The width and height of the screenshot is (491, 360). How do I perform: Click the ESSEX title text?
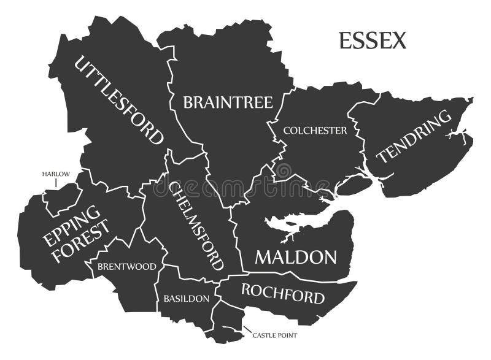373,40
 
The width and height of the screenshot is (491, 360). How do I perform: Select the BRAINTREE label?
228,102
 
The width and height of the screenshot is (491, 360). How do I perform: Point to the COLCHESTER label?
315,130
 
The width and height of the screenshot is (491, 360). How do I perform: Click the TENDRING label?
410,137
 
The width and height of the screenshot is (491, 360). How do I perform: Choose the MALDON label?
296,257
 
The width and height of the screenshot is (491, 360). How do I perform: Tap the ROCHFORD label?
282,294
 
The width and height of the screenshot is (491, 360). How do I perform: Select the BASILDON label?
186,299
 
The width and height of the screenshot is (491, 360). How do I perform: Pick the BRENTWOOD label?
126,267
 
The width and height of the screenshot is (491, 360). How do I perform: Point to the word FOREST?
83,242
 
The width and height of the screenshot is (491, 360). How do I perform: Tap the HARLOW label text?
56,174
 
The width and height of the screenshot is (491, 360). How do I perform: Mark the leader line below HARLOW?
56,183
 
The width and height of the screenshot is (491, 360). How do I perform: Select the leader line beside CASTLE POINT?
247,332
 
